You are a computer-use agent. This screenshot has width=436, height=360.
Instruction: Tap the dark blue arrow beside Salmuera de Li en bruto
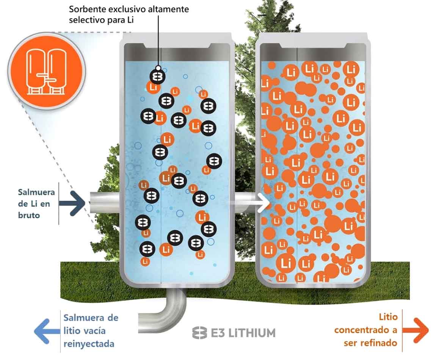(77, 203)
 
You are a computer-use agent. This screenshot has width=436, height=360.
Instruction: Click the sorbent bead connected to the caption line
(157, 77)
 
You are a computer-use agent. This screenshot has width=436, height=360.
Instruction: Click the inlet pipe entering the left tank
(104, 202)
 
